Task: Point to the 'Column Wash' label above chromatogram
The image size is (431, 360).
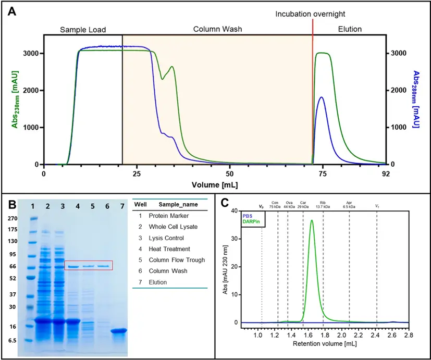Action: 217,29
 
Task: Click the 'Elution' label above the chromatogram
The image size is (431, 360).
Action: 350,29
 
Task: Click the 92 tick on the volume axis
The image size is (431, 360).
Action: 385,173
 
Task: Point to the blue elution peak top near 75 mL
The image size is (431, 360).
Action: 321,97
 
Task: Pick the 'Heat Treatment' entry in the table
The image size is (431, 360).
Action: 169,249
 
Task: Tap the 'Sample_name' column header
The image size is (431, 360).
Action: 176,204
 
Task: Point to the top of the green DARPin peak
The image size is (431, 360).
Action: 312,220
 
